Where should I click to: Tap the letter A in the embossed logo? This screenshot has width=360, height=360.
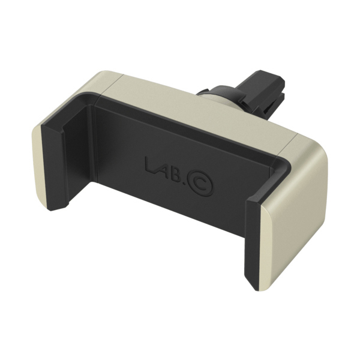[x=162, y=167]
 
